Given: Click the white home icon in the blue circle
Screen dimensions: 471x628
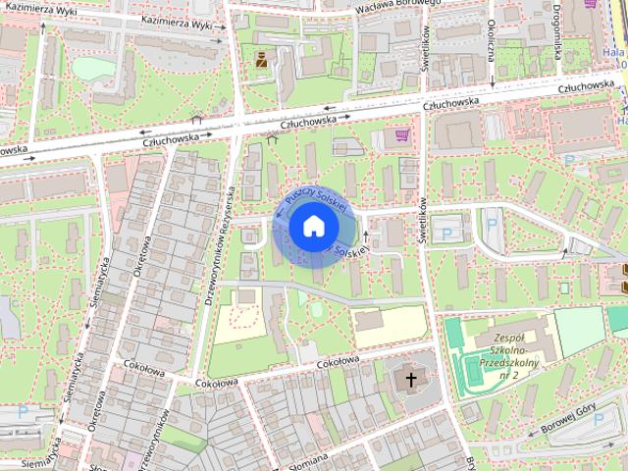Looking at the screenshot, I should coord(312,228).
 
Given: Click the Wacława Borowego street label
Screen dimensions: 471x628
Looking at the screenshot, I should coord(398,4).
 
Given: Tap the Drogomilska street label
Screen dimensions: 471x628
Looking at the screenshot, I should coord(555,29).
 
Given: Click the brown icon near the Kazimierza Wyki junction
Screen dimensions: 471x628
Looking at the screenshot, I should coord(261,59).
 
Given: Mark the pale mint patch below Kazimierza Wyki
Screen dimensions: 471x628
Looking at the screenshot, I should coord(93,68).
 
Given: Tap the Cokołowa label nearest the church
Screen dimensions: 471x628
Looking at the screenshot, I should coord(337,362).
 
